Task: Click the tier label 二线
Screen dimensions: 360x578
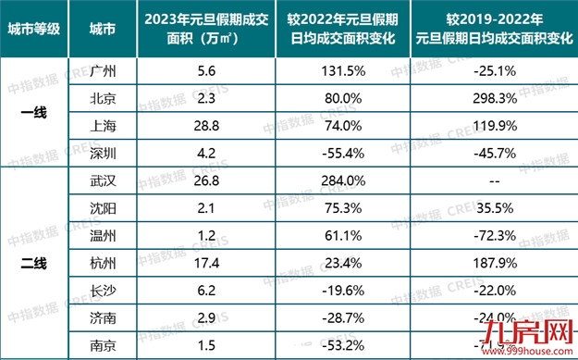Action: coord(33,263)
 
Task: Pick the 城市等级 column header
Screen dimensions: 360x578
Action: coord(33,30)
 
